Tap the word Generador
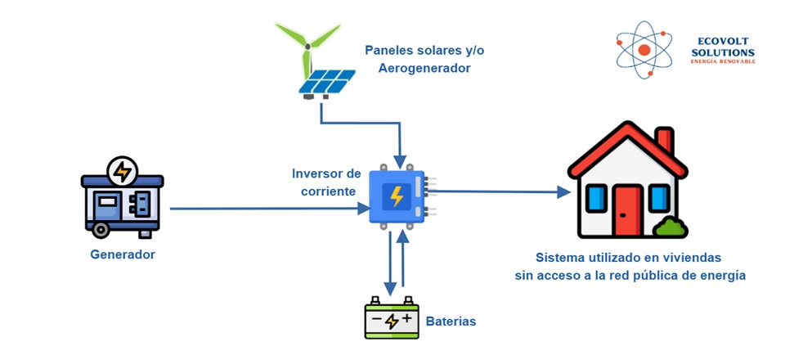pyautogui.click(x=123, y=254)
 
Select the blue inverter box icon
pyautogui.click(x=397, y=196)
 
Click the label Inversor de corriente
pyautogui.click(x=326, y=182)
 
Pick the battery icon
pyautogui.click(x=392, y=318)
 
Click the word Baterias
pyautogui.click(x=451, y=322)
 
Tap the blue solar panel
pyautogui.click(x=326, y=80)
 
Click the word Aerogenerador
pyautogui.click(x=424, y=68)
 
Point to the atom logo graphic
pyautogui.click(x=644, y=50)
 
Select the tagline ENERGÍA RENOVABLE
pyautogui.click(x=723, y=62)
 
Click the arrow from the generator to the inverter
pyautogui.click(x=270, y=209)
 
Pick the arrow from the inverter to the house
pyautogui.click(x=499, y=192)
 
